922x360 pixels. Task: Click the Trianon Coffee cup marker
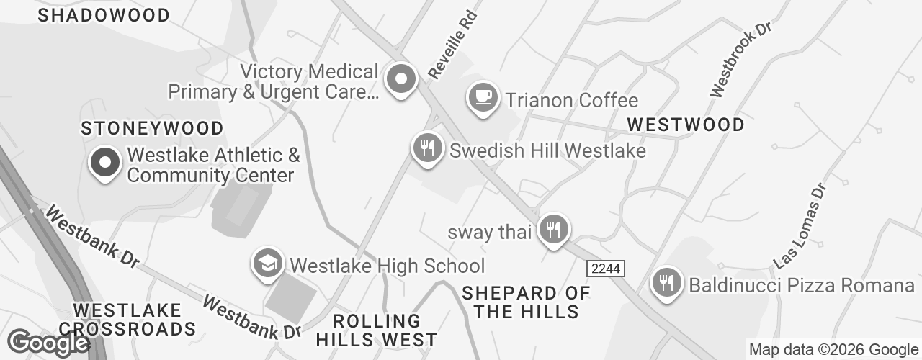click(x=483, y=96)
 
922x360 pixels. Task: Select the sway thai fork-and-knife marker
click(x=553, y=230)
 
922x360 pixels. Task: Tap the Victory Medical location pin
click(x=400, y=78)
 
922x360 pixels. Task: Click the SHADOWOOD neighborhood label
click(x=104, y=15)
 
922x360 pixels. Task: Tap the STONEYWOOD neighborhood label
click(x=152, y=128)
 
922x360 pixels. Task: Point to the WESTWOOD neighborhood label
click(x=686, y=125)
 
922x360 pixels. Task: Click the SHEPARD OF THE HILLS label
click(x=526, y=302)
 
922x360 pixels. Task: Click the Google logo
click(x=48, y=343)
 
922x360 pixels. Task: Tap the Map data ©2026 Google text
click(x=833, y=350)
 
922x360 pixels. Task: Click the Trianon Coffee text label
click(x=572, y=100)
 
